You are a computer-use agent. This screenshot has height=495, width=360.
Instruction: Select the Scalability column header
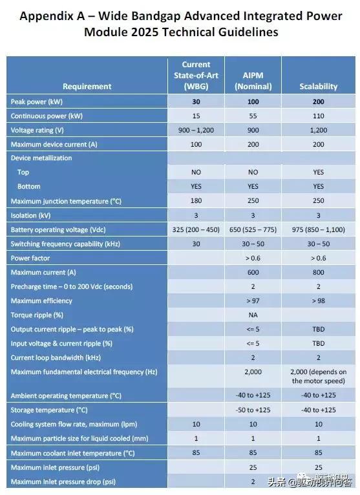tap(318, 87)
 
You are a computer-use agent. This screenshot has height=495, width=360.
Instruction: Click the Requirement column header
tap(87, 87)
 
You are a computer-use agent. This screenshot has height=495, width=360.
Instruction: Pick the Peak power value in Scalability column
tap(318, 101)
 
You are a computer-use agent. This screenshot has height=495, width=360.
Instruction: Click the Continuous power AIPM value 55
tap(253, 116)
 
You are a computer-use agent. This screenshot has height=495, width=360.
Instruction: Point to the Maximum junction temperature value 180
tap(196, 201)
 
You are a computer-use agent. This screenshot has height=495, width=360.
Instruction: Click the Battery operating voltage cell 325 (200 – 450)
tap(196, 229)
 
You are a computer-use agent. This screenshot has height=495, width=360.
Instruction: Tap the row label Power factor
tap(32, 258)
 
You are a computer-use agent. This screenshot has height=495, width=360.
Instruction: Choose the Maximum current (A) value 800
tap(318, 272)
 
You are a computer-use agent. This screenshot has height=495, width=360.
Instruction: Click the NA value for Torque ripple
tap(253, 315)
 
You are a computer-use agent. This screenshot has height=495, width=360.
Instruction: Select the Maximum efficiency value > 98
tap(318, 300)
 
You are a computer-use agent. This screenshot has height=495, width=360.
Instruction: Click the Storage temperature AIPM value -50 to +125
tap(253, 410)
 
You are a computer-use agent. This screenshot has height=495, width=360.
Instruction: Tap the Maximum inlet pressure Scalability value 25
tap(318, 467)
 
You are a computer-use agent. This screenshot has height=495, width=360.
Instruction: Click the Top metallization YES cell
tap(318, 173)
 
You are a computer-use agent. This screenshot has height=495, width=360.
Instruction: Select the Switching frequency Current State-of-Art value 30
tap(196, 244)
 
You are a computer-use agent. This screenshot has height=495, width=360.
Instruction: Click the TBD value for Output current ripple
tap(318, 329)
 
